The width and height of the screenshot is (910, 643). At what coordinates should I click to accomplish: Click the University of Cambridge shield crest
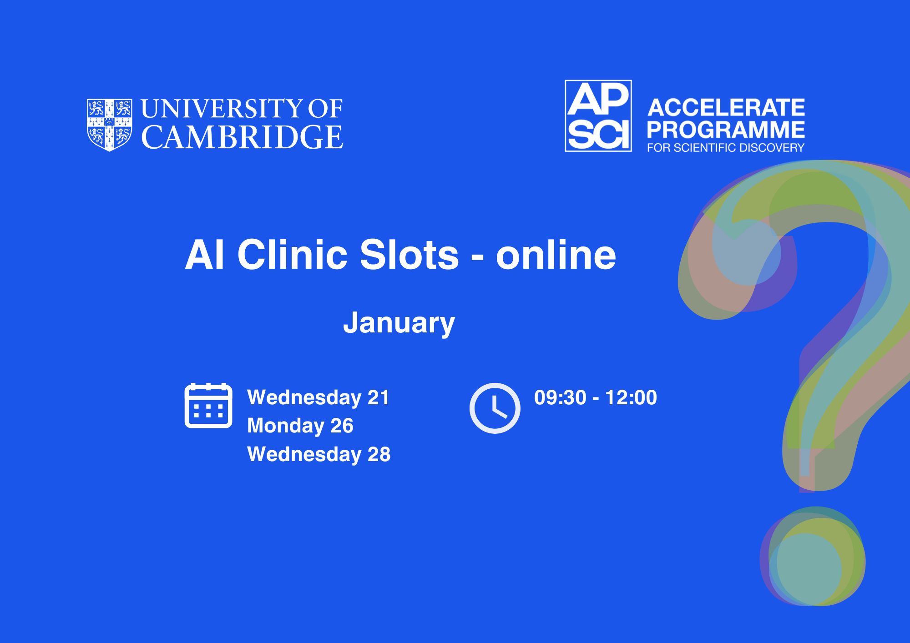coord(110,125)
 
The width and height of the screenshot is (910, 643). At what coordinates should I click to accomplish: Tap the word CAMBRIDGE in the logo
coord(242,137)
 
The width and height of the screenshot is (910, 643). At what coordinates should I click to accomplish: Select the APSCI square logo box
coord(598,116)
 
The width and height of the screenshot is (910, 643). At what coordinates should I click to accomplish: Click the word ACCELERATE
coord(726,108)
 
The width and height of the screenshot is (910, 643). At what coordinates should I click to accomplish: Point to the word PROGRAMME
coord(726,130)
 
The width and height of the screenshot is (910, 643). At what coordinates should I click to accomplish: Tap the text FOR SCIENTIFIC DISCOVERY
coord(726,148)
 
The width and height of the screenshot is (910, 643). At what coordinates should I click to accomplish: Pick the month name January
coord(399,323)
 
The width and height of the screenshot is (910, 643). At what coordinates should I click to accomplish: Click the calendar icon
coord(208,405)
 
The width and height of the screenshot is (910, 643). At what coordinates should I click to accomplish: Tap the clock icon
coord(495,408)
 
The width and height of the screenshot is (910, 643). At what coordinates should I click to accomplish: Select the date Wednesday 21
coord(318,397)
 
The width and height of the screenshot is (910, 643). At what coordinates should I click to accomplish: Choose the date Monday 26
coord(300,426)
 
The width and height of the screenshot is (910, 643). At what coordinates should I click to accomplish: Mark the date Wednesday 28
coord(319,454)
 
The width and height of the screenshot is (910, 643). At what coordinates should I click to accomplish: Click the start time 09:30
coord(560,397)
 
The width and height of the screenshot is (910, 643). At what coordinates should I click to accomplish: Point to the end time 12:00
coord(631,397)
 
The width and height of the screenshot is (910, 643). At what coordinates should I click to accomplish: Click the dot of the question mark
coord(813,557)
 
